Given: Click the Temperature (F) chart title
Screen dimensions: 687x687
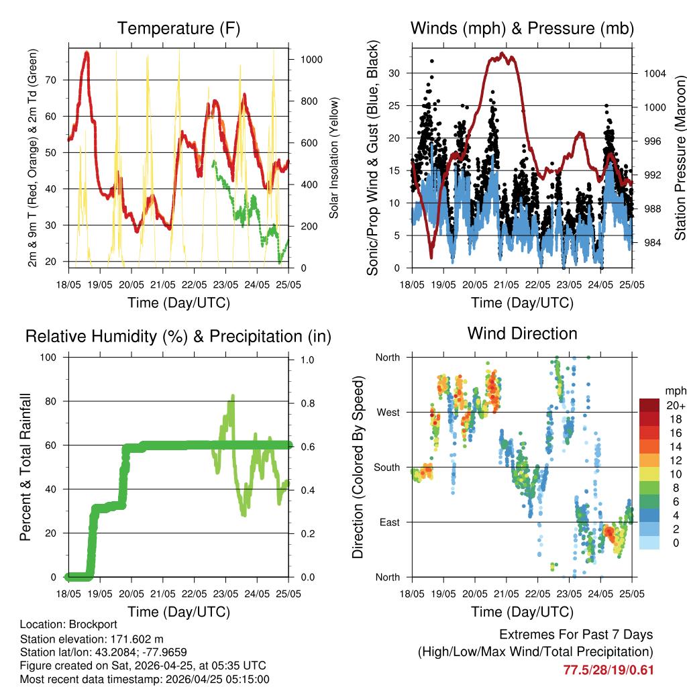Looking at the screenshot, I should point(178,29).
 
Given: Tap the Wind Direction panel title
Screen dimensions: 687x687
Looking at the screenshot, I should point(522,333).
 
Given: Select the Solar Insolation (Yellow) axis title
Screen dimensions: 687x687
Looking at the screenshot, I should point(333,158).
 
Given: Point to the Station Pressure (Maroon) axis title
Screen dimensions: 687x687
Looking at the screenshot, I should point(679,158).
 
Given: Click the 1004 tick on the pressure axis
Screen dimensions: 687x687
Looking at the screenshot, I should point(654,73).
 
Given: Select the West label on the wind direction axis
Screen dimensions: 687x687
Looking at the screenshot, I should point(387,412).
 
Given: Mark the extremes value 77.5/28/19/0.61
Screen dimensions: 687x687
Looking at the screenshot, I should point(608,670).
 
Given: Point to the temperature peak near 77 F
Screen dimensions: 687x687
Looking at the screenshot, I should point(87,53).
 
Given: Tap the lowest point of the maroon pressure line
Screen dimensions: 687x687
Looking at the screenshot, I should point(431,257).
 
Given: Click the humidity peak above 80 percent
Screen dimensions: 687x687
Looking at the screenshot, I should point(233,397).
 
